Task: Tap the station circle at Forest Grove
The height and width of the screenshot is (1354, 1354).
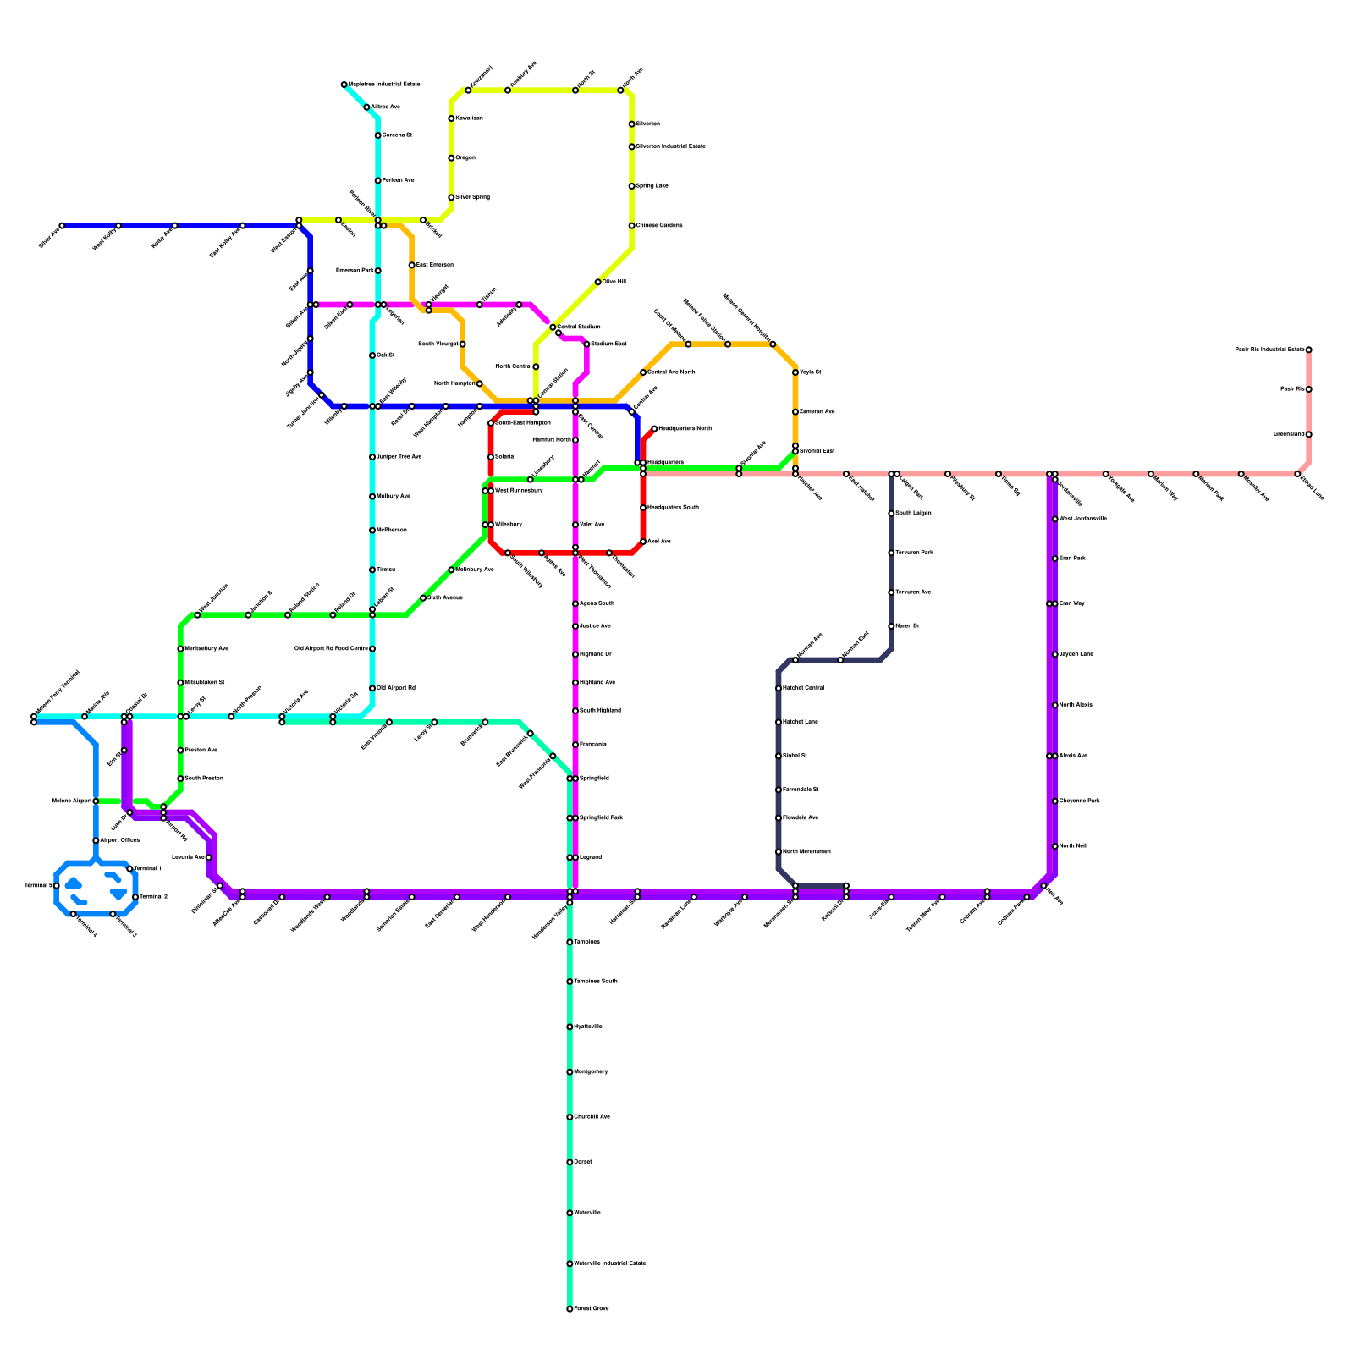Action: tap(570, 1308)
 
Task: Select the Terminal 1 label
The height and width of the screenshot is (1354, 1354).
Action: tap(148, 868)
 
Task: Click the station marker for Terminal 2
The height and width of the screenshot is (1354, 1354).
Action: tap(135, 897)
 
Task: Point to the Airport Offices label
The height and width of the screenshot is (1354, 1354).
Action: tap(120, 840)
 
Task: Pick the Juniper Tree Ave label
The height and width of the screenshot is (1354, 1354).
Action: tap(399, 457)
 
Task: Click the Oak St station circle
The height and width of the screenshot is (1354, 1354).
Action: tap(372, 355)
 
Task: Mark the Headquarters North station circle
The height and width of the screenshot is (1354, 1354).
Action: tap(654, 429)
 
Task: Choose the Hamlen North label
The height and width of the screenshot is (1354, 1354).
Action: tap(552, 440)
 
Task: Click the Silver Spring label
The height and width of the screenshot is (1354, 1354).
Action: tap(472, 197)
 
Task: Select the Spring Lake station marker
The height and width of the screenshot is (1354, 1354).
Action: tap(631, 186)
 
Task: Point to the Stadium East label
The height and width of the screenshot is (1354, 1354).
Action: tap(608, 344)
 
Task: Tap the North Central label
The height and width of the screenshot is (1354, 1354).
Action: tap(513, 366)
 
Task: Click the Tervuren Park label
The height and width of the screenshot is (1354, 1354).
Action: tap(914, 553)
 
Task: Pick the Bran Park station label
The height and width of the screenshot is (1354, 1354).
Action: tap(1072, 559)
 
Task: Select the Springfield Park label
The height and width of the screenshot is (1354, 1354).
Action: tap(601, 818)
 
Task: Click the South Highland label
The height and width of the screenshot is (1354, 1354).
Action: tap(600, 711)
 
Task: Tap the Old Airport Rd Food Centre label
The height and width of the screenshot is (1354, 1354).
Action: tap(331, 649)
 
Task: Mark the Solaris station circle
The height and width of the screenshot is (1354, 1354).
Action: tap(491, 457)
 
